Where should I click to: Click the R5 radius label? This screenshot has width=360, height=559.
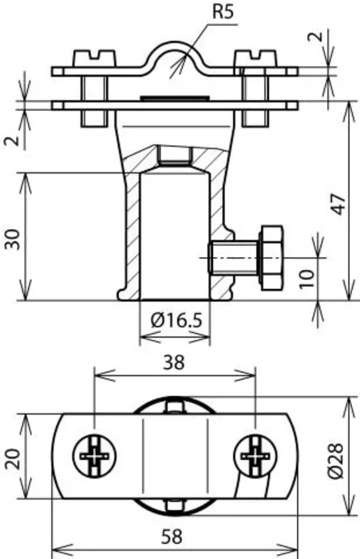click(224, 11)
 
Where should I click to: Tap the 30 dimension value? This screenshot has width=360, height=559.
click(13, 240)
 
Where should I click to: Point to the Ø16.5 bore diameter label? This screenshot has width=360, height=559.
click(176, 319)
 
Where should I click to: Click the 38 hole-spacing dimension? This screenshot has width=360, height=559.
click(174, 363)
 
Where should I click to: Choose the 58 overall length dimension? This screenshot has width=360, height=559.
click(172, 537)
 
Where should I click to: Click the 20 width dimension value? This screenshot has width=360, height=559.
click(13, 458)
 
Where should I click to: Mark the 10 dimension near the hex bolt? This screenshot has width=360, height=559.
click(307, 279)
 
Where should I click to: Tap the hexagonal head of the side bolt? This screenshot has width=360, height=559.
click(272, 257)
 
